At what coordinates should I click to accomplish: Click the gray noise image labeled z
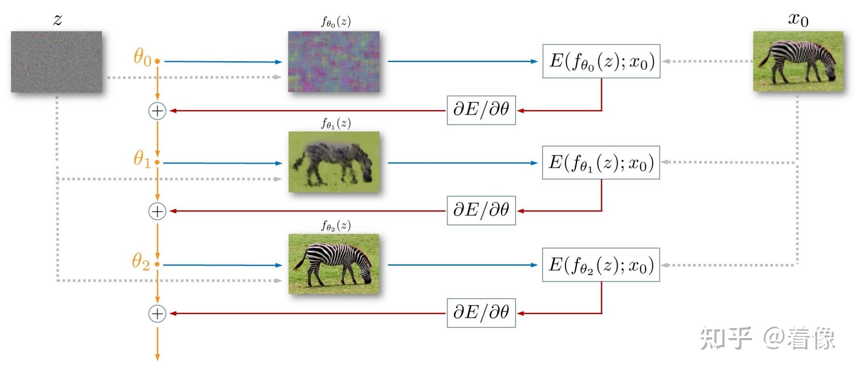pos(56,62)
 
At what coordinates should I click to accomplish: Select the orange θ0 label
pos(142,57)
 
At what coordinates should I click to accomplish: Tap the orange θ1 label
pos(142,158)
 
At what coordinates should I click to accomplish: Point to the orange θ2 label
pos(141,262)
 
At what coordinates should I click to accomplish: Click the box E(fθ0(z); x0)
pos(601,61)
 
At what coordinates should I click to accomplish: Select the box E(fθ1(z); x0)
pos(601,163)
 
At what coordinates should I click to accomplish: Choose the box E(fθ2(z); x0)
pos(601,265)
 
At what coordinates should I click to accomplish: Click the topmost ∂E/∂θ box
pos(481,110)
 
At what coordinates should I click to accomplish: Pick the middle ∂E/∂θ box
pos(481,211)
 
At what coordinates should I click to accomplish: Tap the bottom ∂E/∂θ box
pos(481,313)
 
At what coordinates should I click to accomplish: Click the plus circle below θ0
pos(157,111)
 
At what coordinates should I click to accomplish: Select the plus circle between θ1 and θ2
pos(157,211)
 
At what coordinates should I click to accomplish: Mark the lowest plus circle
pos(157,314)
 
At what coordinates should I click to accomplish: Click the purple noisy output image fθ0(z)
pos(334,62)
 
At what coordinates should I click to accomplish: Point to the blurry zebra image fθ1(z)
pos(334,162)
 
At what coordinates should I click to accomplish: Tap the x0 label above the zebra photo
pos(798,19)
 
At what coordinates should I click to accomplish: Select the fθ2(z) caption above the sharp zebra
pos(336,226)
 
